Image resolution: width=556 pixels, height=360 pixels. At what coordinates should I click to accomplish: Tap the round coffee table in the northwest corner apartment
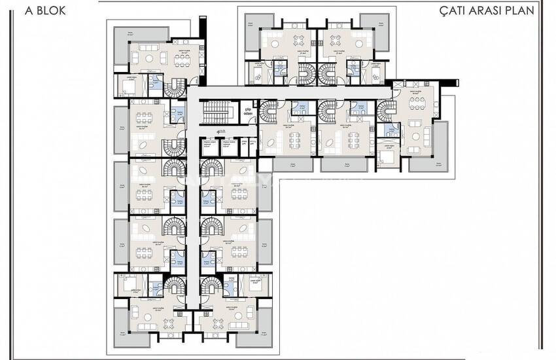(x=149, y=58)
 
